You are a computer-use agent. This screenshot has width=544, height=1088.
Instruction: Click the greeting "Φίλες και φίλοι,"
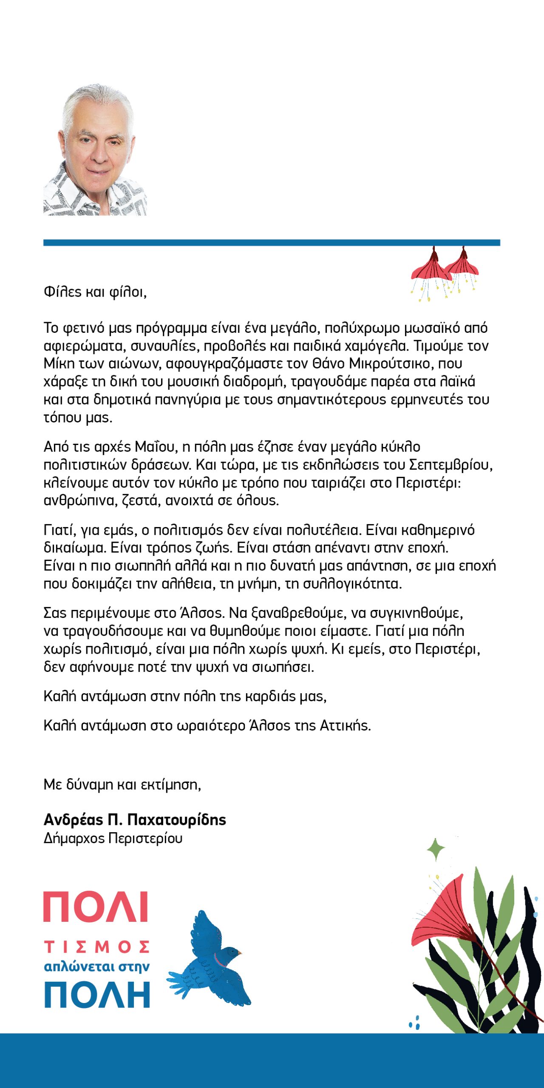[x=95, y=292]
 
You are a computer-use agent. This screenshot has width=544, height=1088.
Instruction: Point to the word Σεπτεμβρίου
[x=450, y=465]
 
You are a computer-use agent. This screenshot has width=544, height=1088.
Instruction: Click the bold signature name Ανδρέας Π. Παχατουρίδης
[x=135, y=820]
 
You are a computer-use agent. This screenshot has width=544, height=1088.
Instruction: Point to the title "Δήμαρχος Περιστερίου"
[x=113, y=839]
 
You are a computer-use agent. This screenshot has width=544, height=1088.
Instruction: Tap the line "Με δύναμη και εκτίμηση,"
[x=122, y=785]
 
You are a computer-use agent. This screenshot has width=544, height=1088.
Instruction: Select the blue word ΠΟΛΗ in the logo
[x=97, y=994]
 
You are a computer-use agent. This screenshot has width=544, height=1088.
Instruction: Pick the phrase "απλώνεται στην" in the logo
[x=97, y=967]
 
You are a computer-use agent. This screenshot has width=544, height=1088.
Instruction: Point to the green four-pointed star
[x=436, y=850]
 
